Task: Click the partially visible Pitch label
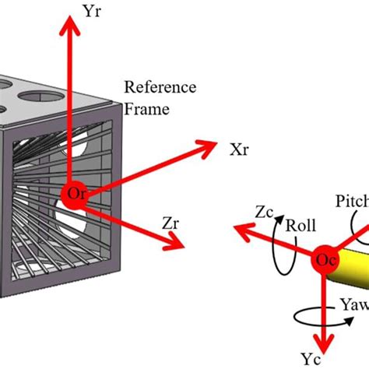coord(351,202)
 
